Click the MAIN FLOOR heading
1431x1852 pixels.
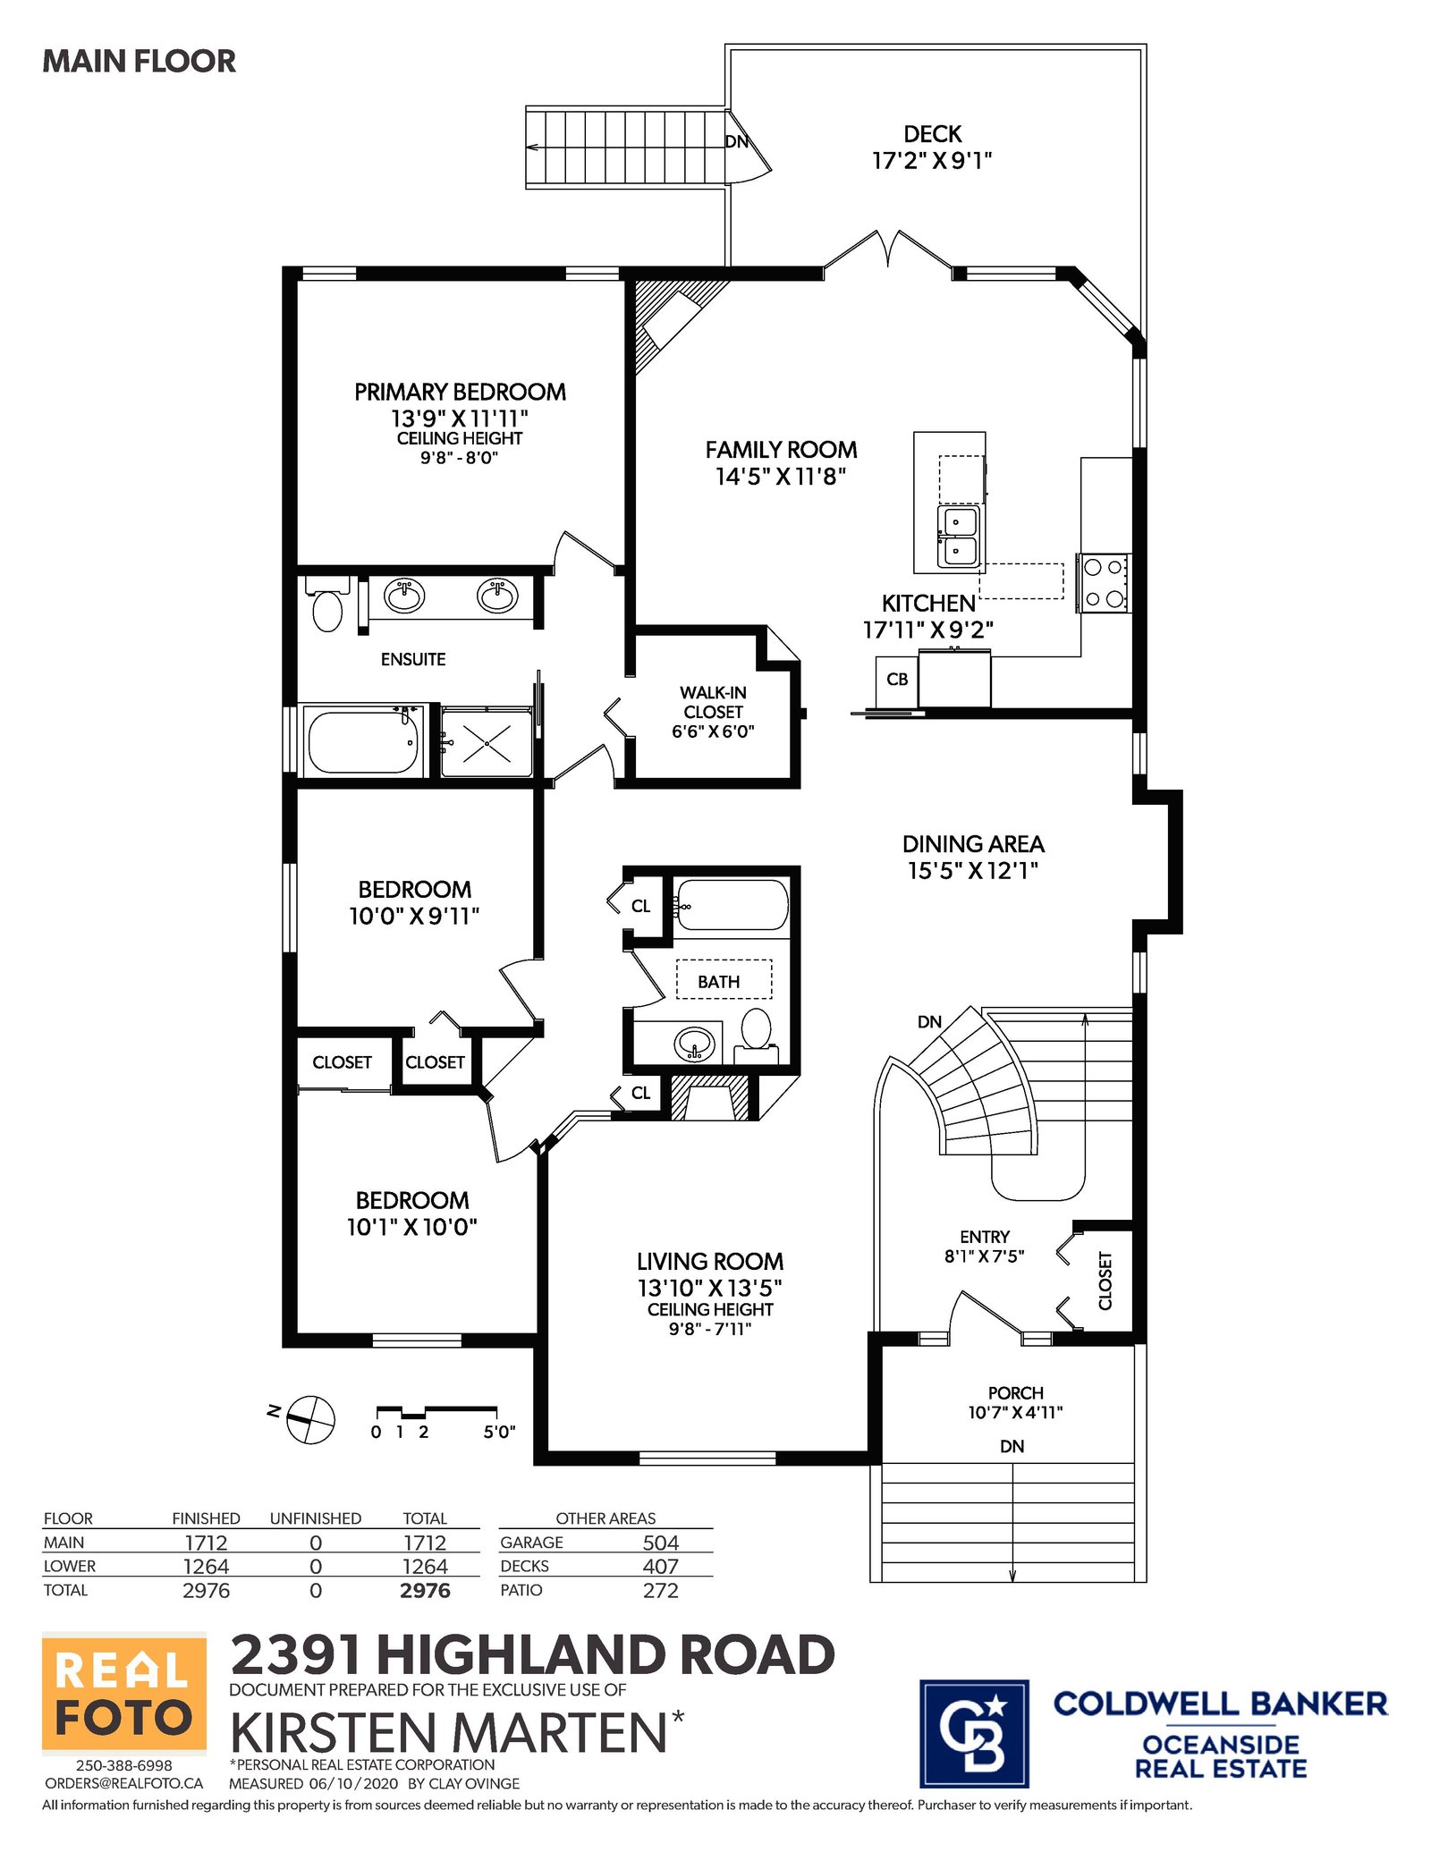pyautogui.click(x=140, y=61)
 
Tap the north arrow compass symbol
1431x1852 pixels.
pyautogui.click(x=309, y=1419)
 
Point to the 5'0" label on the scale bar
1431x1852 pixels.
pyautogui.click(x=499, y=1432)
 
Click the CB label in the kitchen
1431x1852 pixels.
pyautogui.click(x=897, y=680)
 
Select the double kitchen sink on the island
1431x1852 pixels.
pyautogui.click(x=958, y=536)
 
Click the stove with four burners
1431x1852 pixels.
pyautogui.click(x=1104, y=583)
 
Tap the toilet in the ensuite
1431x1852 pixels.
pyautogui.click(x=327, y=604)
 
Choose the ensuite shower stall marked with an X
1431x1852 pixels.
pyautogui.click(x=487, y=742)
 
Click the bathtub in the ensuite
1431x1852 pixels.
pyautogui.click(x=362, y=740)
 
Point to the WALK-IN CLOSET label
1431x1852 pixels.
pyautogui.click(x=713, y=702)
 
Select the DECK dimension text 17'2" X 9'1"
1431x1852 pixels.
pyautogui.click(x=932, y=160)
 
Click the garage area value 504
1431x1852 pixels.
pyautogui.click(x=660, y=1543)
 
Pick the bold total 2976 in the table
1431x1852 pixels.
pyautogui.click(x=425, y=1590)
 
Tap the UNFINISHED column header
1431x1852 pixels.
pyautogui.click(x=316, y=1518)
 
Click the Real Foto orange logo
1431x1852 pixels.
pyautogui.click(x=124, y=1693)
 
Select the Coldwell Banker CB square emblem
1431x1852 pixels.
pyautogui.click(x=974, y=1733)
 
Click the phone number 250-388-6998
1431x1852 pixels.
pyautogui.click(x=124, y=1765)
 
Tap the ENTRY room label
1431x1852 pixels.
pyautogui.click(x=985, y=1237)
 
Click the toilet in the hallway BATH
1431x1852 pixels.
pyautogui.click(x=757, y=1036)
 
